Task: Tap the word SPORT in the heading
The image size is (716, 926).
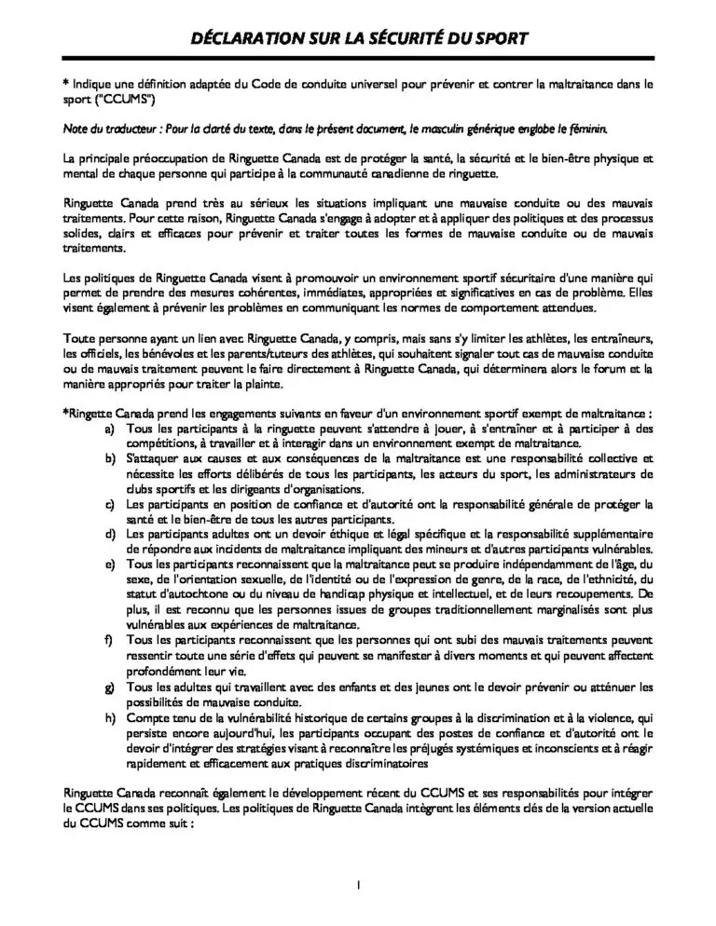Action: coord(499,38)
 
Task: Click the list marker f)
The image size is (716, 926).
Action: coord(109,640)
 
